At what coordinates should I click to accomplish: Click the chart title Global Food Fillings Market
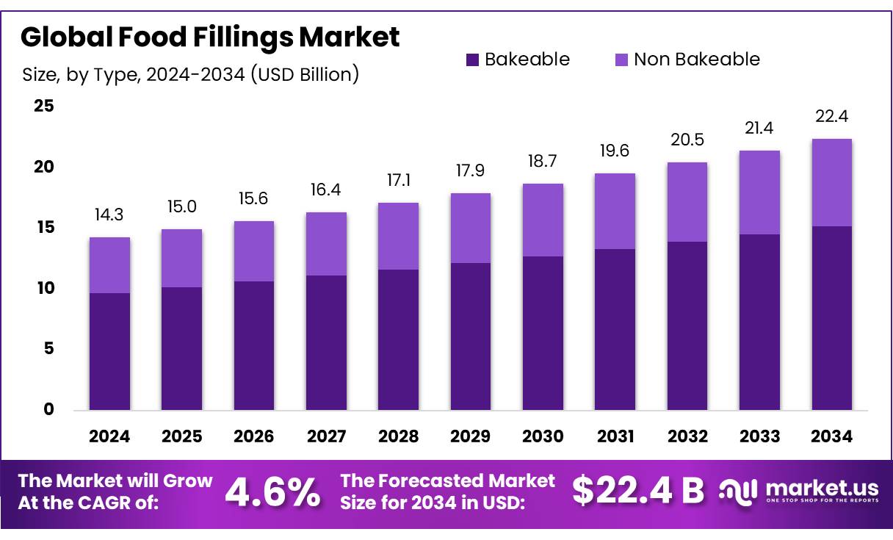pyautogui.click(x=210, y=37)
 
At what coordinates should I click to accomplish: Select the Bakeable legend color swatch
pyautogui.click(x=472, y=60)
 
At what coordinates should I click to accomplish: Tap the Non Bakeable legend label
pyautogui.click(x=696, y=60)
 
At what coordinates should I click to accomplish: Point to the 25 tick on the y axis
pyautogui.click(x=44, y=107)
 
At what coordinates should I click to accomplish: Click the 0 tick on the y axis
pyautogui.click(x=48, y=409)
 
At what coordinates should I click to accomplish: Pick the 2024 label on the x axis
pyautogui.click(x=109, y=436)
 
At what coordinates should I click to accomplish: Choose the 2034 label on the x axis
pyautogui.click(x=831, y=436)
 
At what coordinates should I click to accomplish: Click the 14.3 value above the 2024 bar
pyautogui.click(x=109, y=215)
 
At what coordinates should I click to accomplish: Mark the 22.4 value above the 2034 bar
pyautogui.click(x=831, y=117)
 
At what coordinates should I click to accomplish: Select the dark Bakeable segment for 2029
pyautogui.click(x=471, y=336)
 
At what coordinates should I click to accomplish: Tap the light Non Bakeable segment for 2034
pyautogui.click(x=831, y=182)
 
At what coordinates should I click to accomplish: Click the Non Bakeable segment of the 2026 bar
pyautogui.click(x=254, y=251)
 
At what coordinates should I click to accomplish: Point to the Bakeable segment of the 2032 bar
pyautogui.click(x=687, y=325)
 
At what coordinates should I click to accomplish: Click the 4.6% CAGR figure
pyautogui.click(x=272, y=492)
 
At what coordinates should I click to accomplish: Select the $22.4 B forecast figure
pyautogui.click(x=637, y=491)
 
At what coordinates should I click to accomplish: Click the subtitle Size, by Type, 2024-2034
pyautogui.click(x=190, y=74)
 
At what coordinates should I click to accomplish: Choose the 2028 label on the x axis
pyautogui.click(x=398, y=436)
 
